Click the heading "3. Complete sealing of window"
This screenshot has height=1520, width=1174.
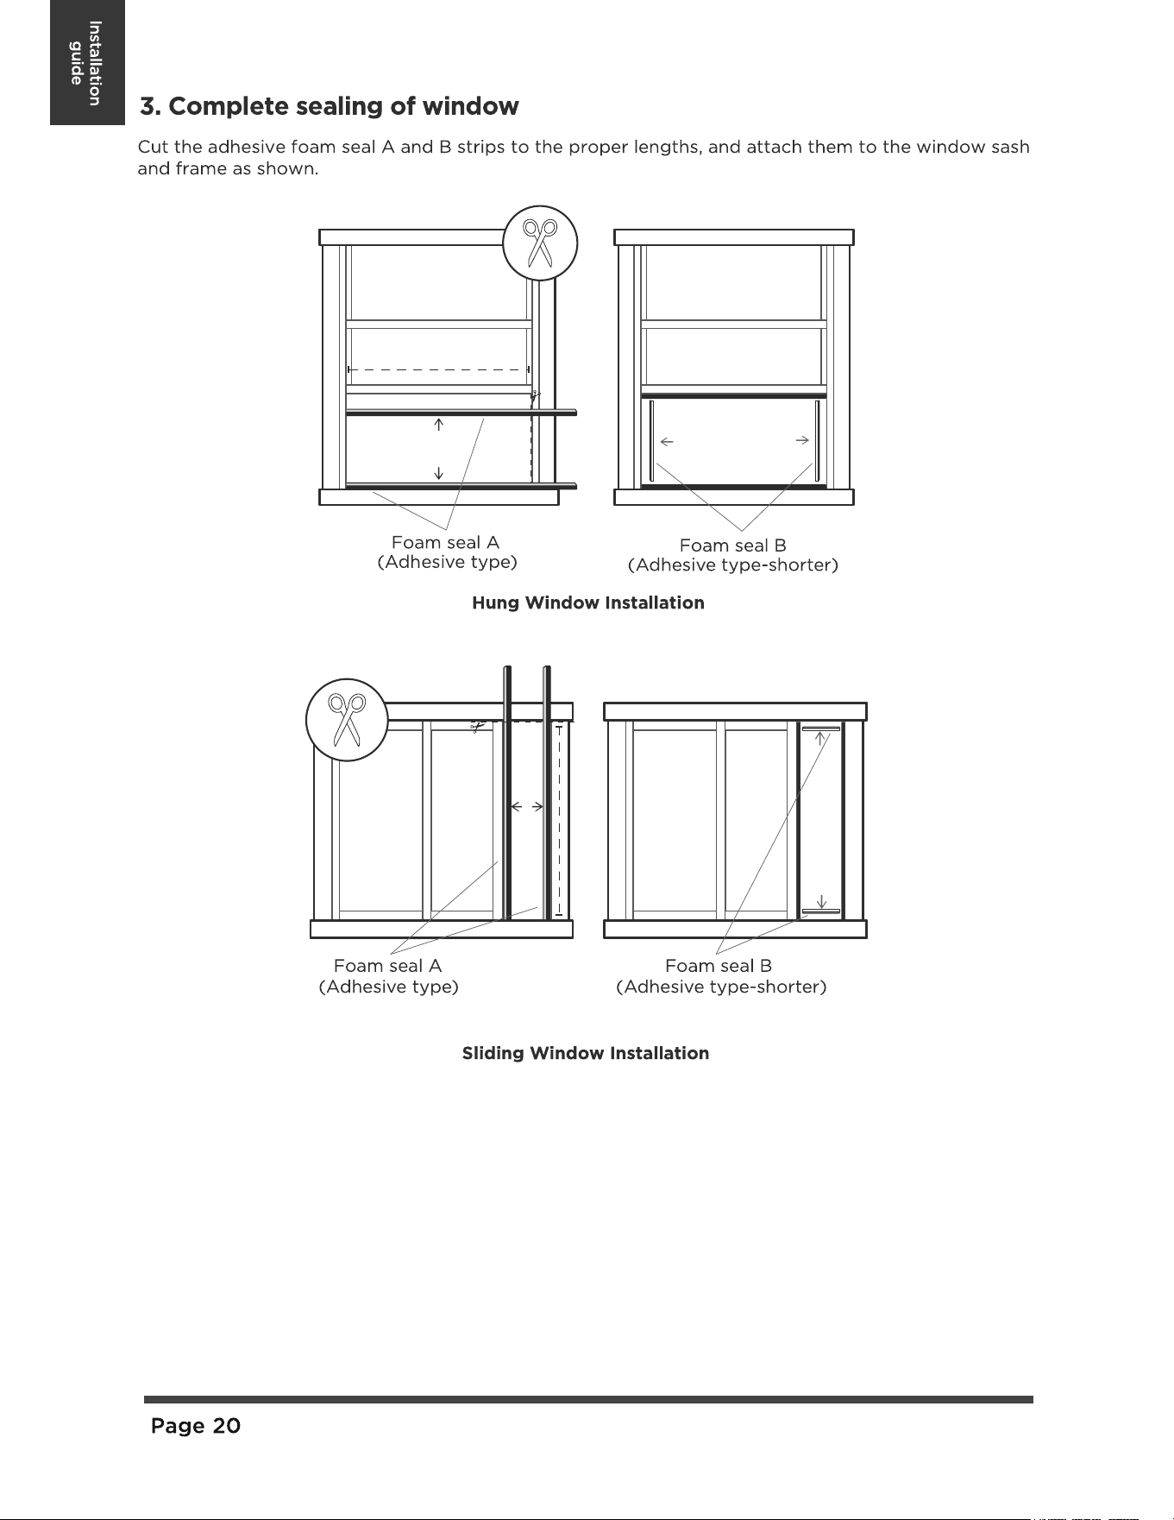click(x=330, y=106)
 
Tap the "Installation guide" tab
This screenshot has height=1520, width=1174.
click(x=86, y=63)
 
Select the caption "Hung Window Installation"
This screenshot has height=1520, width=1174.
click(x=588, y=602)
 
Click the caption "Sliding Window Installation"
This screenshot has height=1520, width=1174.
click(x=586, y=1053)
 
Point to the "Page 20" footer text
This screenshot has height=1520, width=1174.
click(x=196, y=1426)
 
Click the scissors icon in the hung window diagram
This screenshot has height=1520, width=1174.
click(x=540, y=243)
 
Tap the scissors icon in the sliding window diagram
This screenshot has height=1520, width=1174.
click(x=347, y=720)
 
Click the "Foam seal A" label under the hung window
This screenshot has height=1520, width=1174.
click(x=445, y=542)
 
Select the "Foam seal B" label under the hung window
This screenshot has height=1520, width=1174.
click(x=733, y=546)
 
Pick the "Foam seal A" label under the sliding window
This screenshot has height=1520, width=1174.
click(x=387, y=966)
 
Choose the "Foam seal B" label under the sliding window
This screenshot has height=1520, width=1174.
click(x=719, y=966)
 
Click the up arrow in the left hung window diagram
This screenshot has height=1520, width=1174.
click(x=439, y=424)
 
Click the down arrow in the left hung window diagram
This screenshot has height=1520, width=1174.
click(x=439, y=472)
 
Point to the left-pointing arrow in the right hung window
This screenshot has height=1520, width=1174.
click(x=667, y=442)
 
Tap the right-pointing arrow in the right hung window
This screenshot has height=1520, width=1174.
click(x=802, y=440)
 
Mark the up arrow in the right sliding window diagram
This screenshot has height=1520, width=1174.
click(x=822, y=739)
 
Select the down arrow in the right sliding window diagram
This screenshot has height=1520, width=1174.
click(x=822, y=901)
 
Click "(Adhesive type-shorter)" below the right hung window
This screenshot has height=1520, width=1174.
click(x=733, y=565)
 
